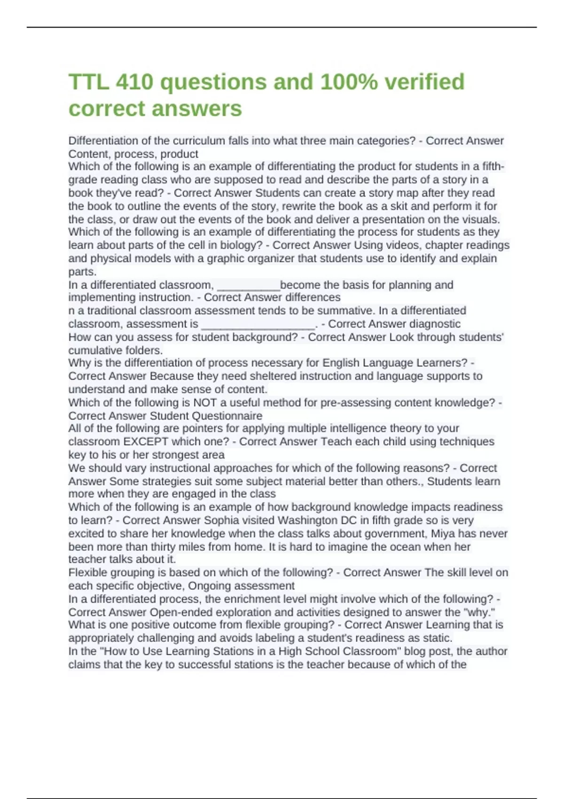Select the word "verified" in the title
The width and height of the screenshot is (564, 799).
[424, 82]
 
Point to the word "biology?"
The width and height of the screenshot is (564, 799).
[241, 245]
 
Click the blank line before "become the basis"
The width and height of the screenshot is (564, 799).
[248, 285]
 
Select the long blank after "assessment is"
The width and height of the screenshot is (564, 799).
[258, 324]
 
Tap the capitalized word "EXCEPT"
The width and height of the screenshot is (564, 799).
[145, 442]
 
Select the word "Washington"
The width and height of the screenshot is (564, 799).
[307, 521]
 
